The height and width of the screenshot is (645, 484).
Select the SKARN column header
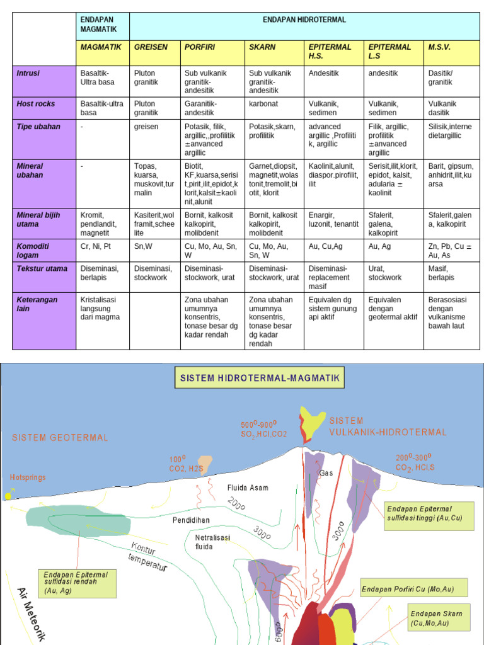coord(262,47)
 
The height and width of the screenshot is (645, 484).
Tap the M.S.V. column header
coord(439,47)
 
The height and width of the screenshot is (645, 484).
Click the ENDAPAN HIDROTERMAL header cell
coord(304,20)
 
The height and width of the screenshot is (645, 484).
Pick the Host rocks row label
coord(36,103)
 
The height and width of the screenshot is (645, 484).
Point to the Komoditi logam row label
coord(33,250)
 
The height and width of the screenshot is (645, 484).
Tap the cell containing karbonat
coord(264,103)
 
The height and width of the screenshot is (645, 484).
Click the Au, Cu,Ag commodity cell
coord(325,246)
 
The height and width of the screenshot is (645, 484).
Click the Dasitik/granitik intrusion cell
coord(441,77)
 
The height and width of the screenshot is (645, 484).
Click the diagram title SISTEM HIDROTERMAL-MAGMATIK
coord(260,379)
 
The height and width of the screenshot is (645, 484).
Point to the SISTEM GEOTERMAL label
coord(60,437)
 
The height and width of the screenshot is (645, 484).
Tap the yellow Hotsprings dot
coord(8,496)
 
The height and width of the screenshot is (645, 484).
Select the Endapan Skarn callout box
coord(437,617)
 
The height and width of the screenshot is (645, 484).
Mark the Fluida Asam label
coord(248,488)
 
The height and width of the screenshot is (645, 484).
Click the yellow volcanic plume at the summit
coord(309,420)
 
